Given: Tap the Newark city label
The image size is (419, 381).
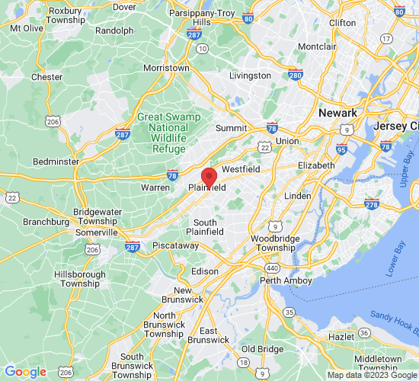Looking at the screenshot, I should [337, 113].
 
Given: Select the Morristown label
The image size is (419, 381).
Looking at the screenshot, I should [167, 68].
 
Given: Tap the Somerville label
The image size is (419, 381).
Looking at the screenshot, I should [96, 232].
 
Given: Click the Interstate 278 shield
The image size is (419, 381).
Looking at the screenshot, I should [372, 203].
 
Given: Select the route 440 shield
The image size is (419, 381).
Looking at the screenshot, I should [272, 268].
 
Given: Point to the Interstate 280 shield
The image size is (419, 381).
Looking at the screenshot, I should [296, 75].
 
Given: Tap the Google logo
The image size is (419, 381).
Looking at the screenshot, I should [26, 372].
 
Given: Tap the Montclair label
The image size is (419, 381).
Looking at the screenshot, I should [317, 47].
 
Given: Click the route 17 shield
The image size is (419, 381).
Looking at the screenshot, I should [388, 39].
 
